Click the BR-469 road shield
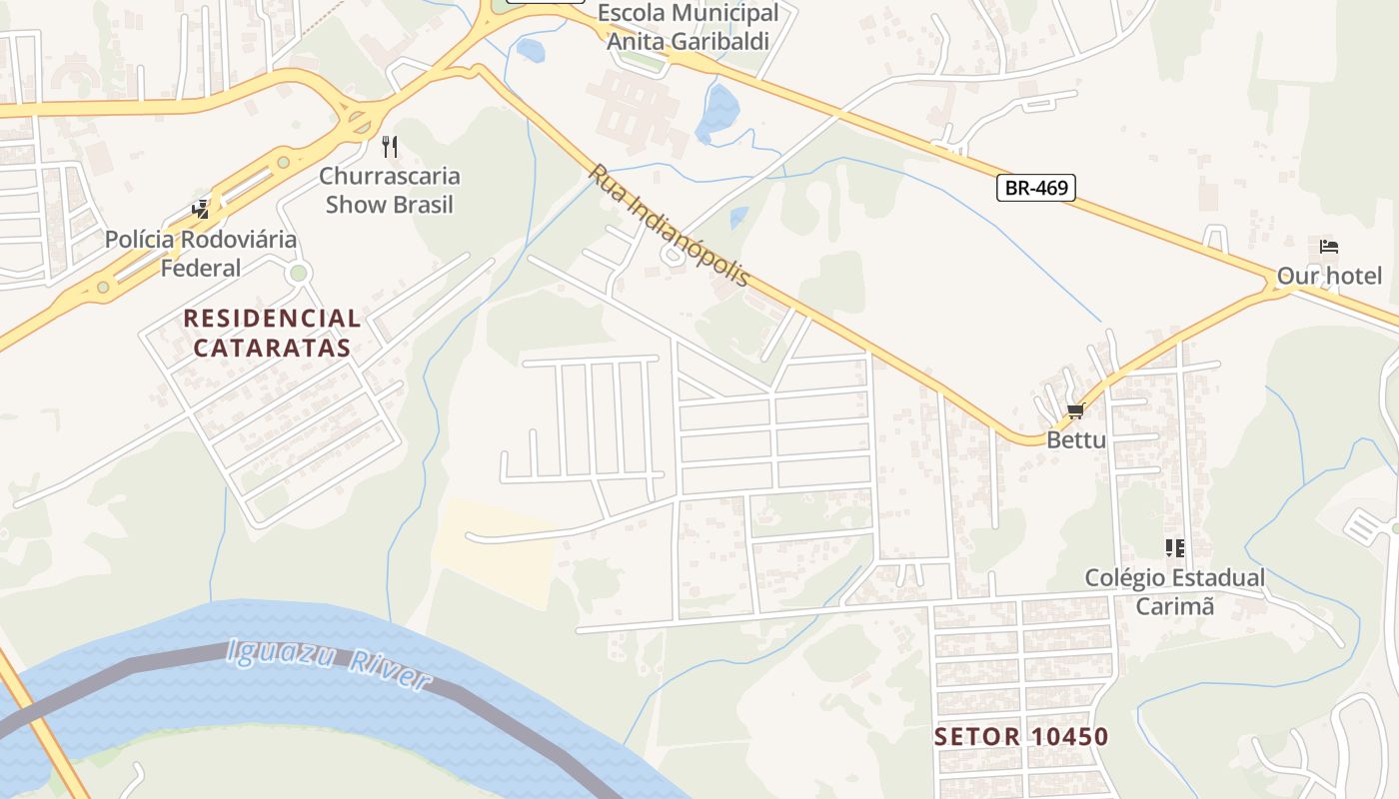click(x=1035, y=187)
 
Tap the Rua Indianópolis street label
click(x=668, y=226)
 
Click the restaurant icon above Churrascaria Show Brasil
click(x=390, y=147)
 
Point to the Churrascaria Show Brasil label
click(x=390, y=191)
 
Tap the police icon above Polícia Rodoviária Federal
click(x=202, y=210)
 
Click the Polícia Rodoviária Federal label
click(x=201, y=254)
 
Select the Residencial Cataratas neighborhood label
click(x=272, y=333)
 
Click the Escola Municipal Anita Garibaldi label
click(x=689, y=27)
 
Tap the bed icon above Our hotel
click(x=1328, y=247)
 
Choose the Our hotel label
click(x=1329, y=276)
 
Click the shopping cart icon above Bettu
click(x=1075, y=411)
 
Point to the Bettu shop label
click(x=1076, y=439)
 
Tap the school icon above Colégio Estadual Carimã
click(x=1174, y=547)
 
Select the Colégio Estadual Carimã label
click(x=1175, y=591)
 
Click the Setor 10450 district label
click(x=1021, y=737)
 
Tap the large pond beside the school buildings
click(x=718, y=112)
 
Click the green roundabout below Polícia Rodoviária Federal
click(x=297, y=273)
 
